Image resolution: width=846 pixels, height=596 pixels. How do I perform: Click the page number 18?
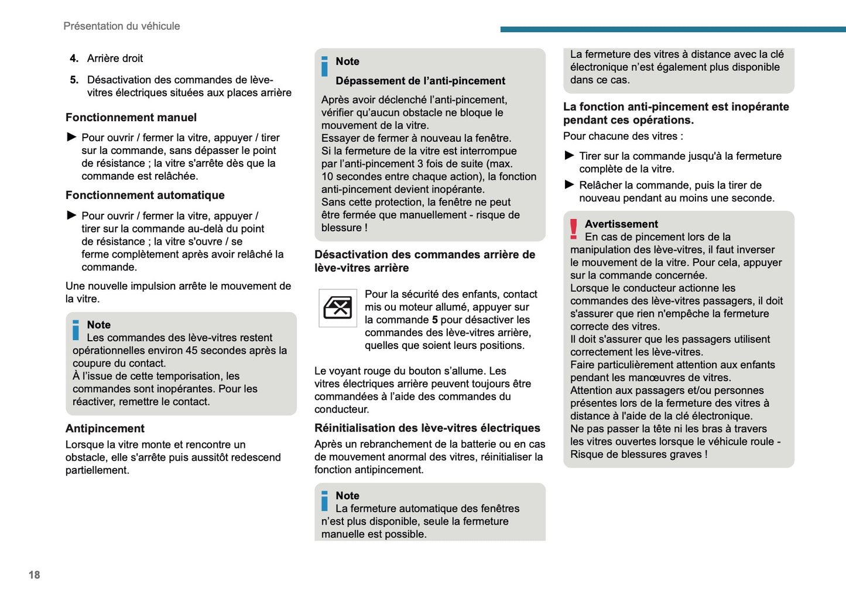pos(34,575)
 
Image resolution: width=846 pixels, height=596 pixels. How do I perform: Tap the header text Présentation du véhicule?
pos(121,26)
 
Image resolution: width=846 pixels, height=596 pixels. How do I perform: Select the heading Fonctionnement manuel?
pos(131,118)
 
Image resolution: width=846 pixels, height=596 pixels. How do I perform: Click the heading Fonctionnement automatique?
pos(145,196)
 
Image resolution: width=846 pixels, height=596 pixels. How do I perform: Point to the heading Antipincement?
pos(105,429)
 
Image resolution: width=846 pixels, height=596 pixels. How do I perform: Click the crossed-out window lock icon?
pos(338,308)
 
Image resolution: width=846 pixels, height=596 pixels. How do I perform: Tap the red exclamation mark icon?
pos(574,229)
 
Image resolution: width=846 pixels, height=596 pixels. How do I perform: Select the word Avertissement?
pos(621,224)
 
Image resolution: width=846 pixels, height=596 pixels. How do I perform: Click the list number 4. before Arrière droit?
pos(74,59)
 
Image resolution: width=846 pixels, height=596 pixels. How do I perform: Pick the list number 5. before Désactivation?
pos(74,80)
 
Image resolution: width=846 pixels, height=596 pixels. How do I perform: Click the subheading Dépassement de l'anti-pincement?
pos(420,81)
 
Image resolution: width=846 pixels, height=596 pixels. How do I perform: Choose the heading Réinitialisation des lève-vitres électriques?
pos(427,428)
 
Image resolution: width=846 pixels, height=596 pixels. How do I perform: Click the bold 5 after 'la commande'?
pos(434,320)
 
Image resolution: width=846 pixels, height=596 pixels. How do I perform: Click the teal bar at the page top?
pos(673,29)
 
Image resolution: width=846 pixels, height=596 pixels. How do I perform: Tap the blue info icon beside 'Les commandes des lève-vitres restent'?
pos(76,330)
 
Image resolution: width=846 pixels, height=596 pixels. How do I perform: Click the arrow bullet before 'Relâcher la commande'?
pos(569,185)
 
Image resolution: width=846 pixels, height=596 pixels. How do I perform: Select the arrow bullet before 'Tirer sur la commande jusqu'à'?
pos(569,156)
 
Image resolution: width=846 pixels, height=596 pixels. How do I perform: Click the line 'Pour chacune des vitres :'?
pos(623,136)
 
